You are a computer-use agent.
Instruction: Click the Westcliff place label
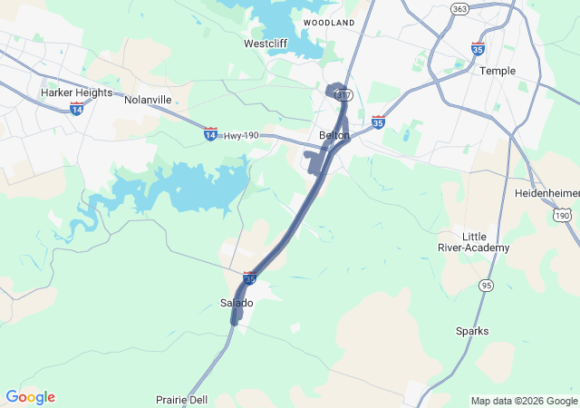pos(266,44)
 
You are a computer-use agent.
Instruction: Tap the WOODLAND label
pos(328,21)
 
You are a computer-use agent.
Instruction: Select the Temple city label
pos(498,71)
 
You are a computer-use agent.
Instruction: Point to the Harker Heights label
pos(76,92)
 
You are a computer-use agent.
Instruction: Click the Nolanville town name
pos(148,99)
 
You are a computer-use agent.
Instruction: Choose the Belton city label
pos(334,135)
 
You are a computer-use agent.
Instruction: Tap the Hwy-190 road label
pos(240,135)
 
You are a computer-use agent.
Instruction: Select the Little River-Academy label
pos(486,241)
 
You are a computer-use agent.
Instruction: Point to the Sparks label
pos(472,331)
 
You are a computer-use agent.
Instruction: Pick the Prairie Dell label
pos(180,400)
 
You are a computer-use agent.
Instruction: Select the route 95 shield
pos(488,286)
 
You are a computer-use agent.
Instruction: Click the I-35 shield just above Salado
pos(249,279)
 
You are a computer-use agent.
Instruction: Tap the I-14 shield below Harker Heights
pos(77,109)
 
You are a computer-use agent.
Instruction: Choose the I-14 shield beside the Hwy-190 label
pos(210,134)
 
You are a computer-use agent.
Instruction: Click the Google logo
pos(30,397)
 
